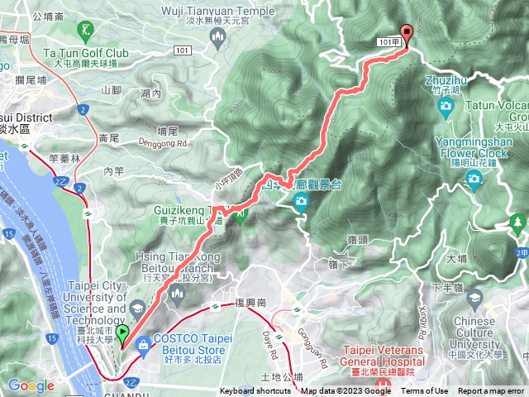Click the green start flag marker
[x=122, y=335]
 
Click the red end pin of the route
[x=406, y=35]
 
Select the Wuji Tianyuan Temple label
[x=218, y=11]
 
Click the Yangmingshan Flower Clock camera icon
[x=474, y=179]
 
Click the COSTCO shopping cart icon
[x=144, y=342]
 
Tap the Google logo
[x=31, y=385]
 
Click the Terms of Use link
[x=425, y=391]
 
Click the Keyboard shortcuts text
[x=255, y=391]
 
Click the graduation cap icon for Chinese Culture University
[x=474, y=297]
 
